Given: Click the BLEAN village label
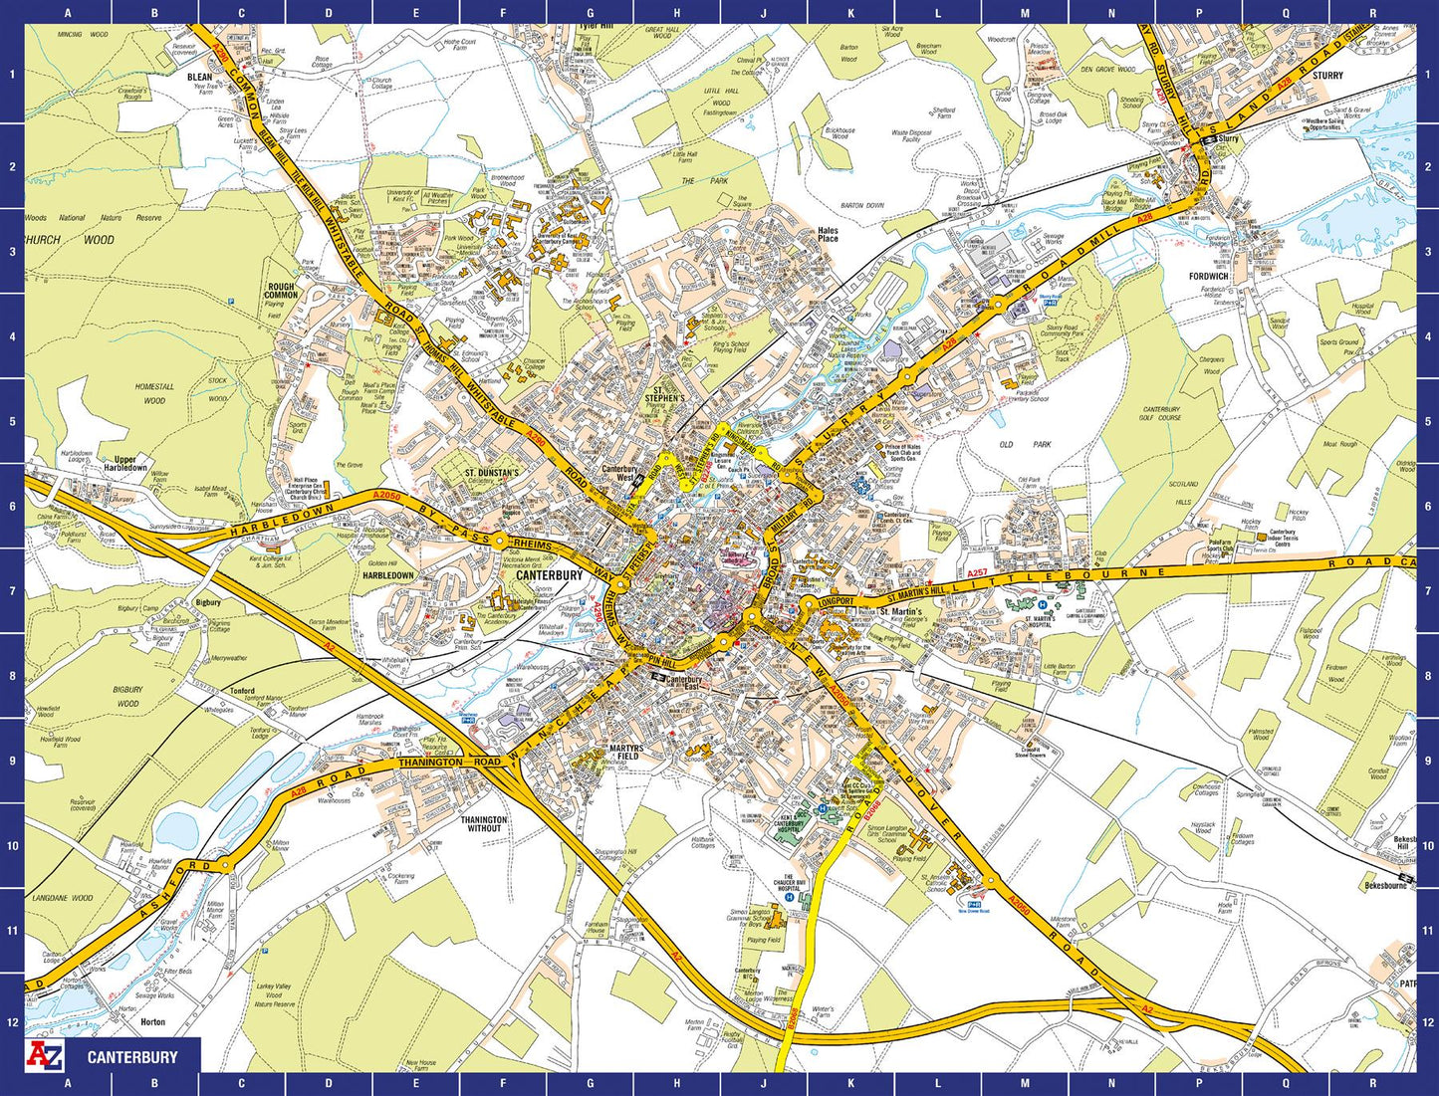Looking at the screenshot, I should point(200,77).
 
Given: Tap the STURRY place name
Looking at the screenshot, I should point(1327,76).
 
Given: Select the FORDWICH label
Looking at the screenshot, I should point(1208,277).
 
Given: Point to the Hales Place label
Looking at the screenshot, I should point(828,235).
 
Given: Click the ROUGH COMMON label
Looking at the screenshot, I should point(281,291).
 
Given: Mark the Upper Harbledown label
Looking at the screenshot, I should point(124,464).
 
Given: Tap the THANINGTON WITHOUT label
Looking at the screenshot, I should point(484,824).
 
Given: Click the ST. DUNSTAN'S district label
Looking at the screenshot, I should point(491,473).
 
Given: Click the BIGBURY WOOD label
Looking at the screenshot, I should point(127,696).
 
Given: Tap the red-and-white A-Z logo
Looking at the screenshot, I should point(45,1056).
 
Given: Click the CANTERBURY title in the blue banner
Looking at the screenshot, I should point(132,1057).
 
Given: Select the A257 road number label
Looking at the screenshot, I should point(977,573).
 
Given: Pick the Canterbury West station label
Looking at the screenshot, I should point(619,473).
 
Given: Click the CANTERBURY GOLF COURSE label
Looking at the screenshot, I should point(1161,413).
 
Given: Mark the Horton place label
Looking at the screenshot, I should point(153,1022).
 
